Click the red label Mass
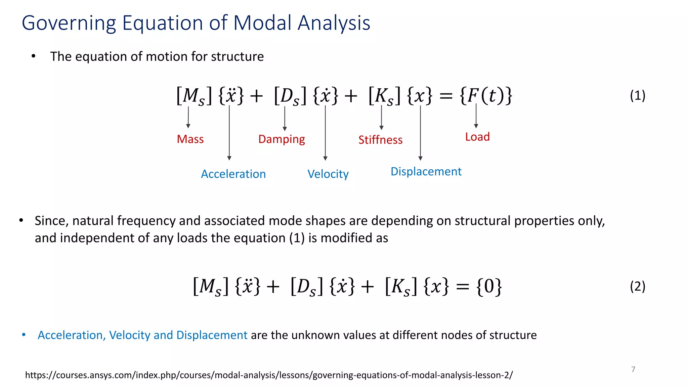click(x=190, y=139)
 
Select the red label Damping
click(x=282, y=139)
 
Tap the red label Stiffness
click(x=380, y=140)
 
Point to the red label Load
click(x=477, y=137)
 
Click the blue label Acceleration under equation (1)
click(x=233, y=174)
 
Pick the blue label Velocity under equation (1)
click(x=328, y=174)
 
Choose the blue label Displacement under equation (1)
click(x=426, y=171)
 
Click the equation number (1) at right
click(x=637, y=95)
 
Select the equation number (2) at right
click(x=637, y=286)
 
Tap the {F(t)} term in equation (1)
click(x=486, y=96)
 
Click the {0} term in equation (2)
click(x=489, y=287)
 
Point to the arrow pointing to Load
click(x=476, y=116)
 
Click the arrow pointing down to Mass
click(x=188, y=117)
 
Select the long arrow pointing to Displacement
click(x=420, y=133)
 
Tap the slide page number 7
click(x=633, y=369)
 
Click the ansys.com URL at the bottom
click(x=269, y=375)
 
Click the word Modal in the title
click(x=262, y=23)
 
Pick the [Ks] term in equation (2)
click(x=401, y=287)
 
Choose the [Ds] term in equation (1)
click(x=290, y=96)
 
